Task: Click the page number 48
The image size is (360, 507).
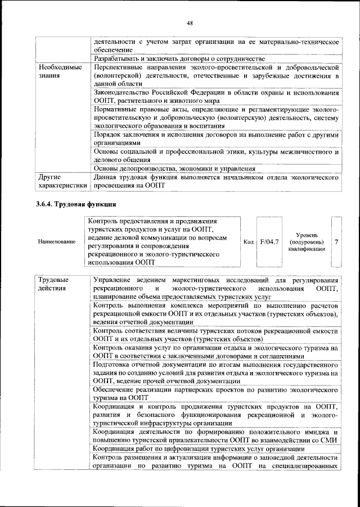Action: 190,23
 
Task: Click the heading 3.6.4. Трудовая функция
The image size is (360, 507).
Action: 76,204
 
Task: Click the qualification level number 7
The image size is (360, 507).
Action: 336,241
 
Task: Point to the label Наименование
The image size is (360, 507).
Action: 56,241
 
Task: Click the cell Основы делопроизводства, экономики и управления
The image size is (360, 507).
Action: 174,168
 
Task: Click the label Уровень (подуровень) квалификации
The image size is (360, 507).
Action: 307,241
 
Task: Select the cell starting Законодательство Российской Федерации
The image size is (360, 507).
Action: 215,96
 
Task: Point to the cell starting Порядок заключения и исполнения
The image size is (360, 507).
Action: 215,139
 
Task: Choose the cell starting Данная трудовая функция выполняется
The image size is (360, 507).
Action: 215,181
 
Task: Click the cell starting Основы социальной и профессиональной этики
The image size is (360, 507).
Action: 215,156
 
